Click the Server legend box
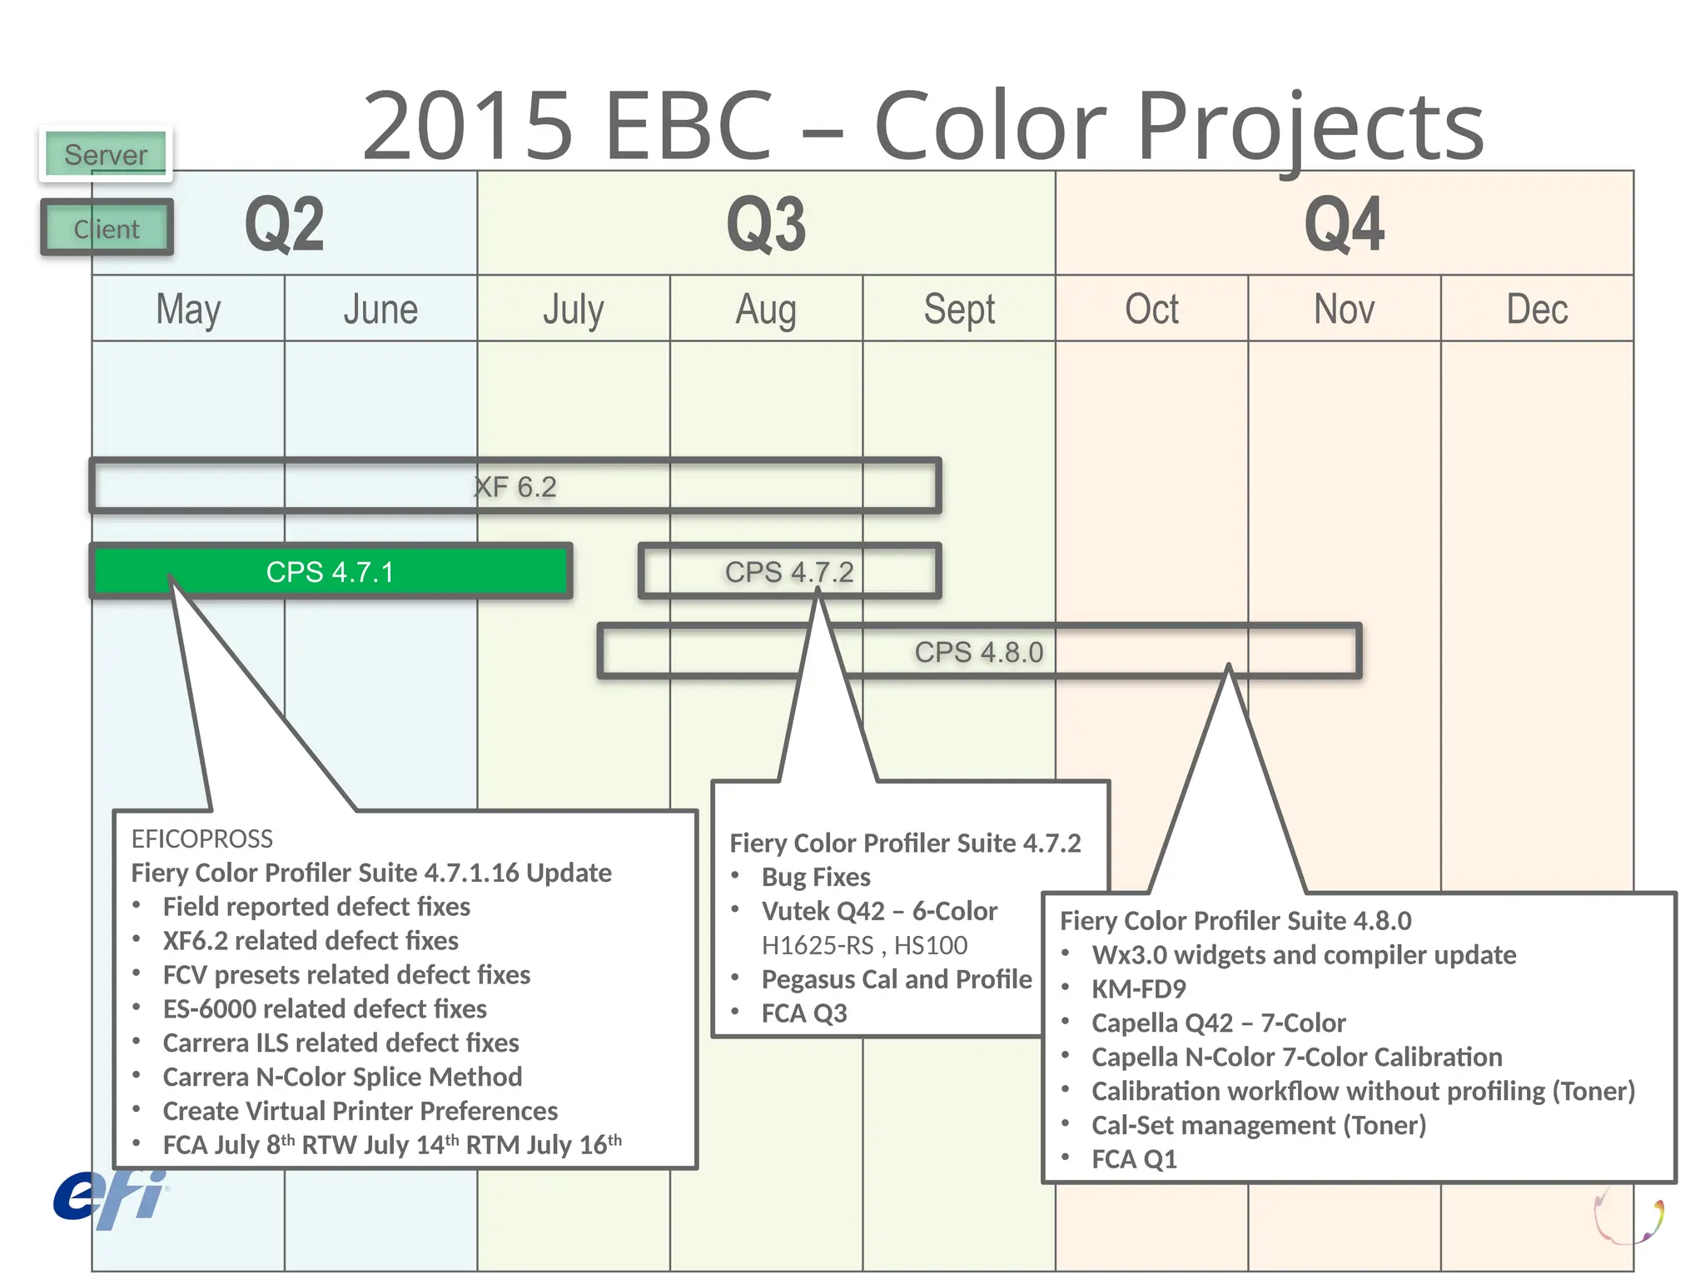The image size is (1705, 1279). pyautogui.click(x=106, y=154)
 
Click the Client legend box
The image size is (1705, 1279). pyautogui.click(x=107, y=228)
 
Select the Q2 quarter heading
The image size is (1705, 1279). pyautogui.click(x=284, y=225)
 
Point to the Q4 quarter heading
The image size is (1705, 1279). pyautogui.click(x=1344, y=225)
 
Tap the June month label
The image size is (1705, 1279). pyautogui.click(x=380, y=310)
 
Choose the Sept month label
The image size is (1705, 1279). pyautogui.click(x=959, y=310)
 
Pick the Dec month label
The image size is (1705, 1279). pyautogui.click(x=1537, y=310)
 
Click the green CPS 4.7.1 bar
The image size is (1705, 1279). pyautogui.click(x=331, y=572)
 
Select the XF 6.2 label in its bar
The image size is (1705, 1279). pyautogui.click(x=515, y=487)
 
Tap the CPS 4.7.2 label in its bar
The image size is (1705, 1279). pyautogui.click(x=789, y=572)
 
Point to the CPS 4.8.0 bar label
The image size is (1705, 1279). pyautogui.click(x=979, y=652)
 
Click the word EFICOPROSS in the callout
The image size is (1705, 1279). pyautogui.click(x=202, y=839)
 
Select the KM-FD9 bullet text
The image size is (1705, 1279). pyautogui.click(x=1139, y=989)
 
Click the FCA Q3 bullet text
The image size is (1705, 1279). pyautogui.click(x=804, y=1013)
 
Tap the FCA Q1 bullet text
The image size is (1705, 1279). pyautogui.click(x=1135, y=1160)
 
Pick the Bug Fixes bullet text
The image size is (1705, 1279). pyautogui.click(x=816, y=878)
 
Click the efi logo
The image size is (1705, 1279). pyautogui.click(x=110, y=1199)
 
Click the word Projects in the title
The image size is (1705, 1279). pyautogui.click(x=1310, y=127)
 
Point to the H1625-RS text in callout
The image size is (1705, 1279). pyautogui.click(x=818, y=946)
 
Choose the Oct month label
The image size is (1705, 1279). pyautogui.click(x=1151, y=310)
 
